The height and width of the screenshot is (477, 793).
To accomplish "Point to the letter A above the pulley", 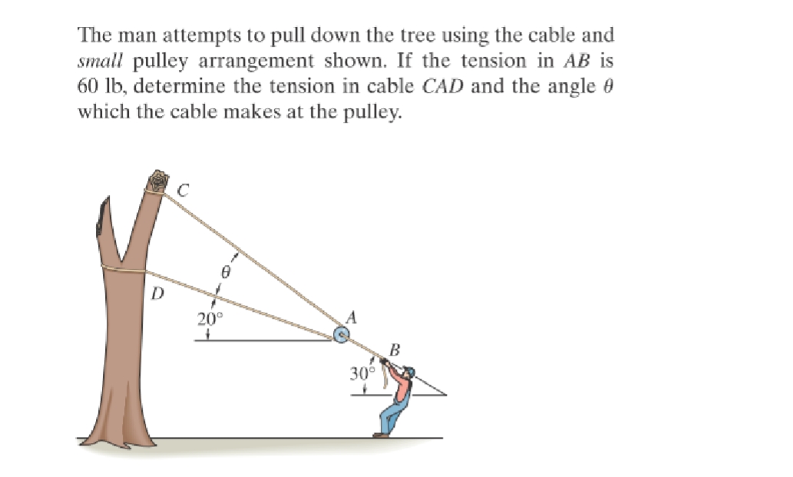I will click(x=352, y=316).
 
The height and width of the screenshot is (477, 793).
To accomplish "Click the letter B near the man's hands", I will click(x=395, y=350).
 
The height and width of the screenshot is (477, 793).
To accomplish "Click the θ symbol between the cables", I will click(x=226, y=271).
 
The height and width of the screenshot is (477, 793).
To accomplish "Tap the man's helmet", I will click(x=410, y=372).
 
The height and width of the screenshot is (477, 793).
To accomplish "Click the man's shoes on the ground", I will click(x=380, y=435).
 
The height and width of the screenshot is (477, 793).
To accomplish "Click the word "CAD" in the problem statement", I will click(x=442, y=85).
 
